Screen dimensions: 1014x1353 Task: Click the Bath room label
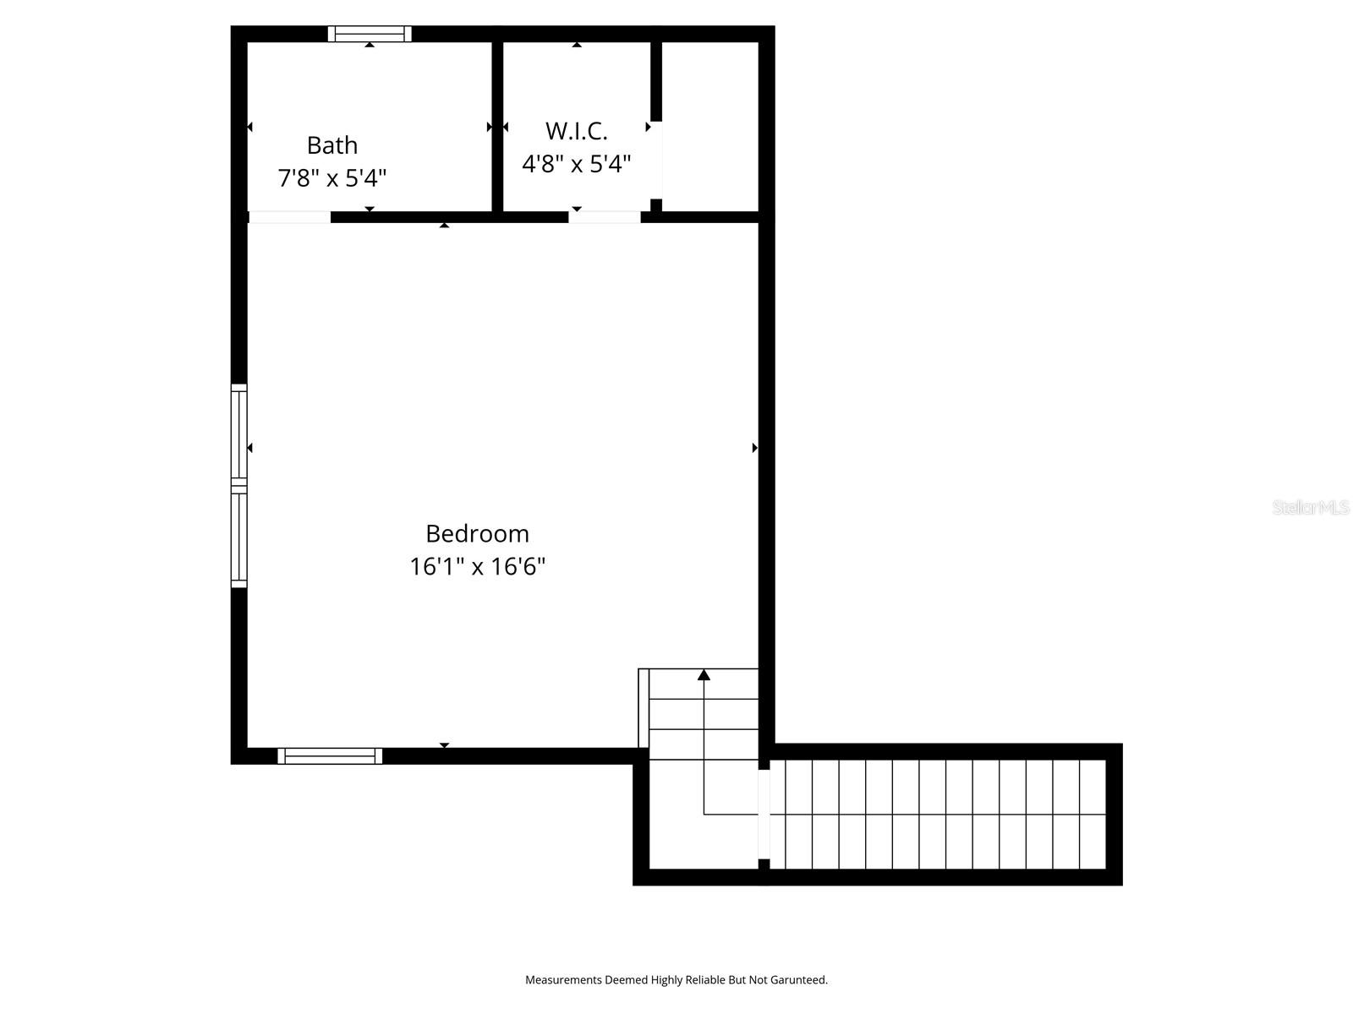pyautogui.click(x=331, y=145)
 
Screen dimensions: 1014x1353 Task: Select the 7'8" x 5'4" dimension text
pyautogui.click(x=331, y=178)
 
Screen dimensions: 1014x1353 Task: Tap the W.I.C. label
pyautogui.click(x=576, y=131)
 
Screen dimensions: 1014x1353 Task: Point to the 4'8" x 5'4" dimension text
pyautogui.click(x=576, y=164)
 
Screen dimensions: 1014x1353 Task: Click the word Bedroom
pyautogui.click(x=477, y=533)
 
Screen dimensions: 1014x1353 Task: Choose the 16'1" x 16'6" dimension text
pyautogui.click(x=477, y=566)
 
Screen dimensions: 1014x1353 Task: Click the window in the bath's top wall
pyautogui.click(x=370, y=34)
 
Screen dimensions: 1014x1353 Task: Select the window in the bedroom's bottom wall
pyautogui.click(x=330, y=756)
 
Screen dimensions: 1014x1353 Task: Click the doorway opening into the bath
pyautogui.click(x=289, y=217)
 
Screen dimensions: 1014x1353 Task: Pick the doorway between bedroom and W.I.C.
pyautogui.click(x=604, y=217)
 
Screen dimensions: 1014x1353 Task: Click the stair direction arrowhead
pyautogui.click(x=704, y=674)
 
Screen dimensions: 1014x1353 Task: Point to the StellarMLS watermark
pyautogui.click(x=1310, y=507)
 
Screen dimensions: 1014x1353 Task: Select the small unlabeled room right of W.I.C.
pyautogui.click(x=709, y=127)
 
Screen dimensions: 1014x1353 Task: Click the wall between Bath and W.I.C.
pyautogui.click(x=498, y=127)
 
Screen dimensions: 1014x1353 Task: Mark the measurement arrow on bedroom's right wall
pyautogui.click(x=754, y=448)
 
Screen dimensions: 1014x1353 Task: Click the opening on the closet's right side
pyautogui.click(x=657, y=161)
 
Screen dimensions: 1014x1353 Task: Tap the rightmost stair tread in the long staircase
pyautogui.click(x=1093, y=815)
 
